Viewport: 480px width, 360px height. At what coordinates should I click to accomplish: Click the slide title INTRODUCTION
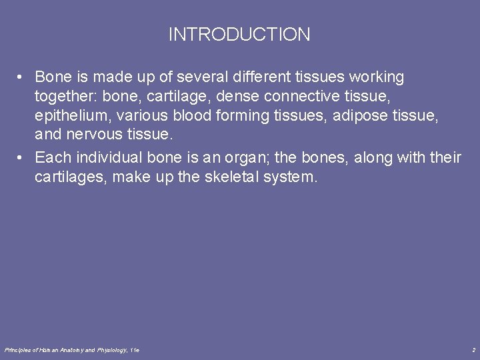(x=239, y=35)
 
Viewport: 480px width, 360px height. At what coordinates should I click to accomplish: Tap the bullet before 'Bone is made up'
(x=21, y=77)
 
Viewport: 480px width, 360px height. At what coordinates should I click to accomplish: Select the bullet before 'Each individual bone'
(x=21, y=158)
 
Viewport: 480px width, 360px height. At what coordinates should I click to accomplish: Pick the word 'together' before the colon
(x=65, y=97)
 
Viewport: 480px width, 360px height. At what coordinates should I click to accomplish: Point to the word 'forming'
(x=241, y=116)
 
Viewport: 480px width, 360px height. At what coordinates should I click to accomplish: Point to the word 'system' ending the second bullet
(x=293, y=177)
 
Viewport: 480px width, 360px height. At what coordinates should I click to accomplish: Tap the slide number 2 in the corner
(x=473, y=350)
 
